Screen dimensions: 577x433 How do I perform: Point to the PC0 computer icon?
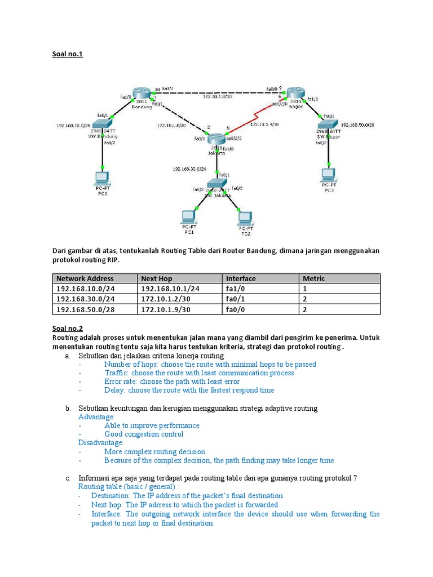pyautogui.click(x=103, y=179)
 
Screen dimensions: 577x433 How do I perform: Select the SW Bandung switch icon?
pyautogui.click(x=104, y=125)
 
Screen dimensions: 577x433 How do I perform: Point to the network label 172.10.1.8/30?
pyautogui.click(x=217, y=97)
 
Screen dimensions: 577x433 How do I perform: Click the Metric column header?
pyautogui.click(x=313, y=278)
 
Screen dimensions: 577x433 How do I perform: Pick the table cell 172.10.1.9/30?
pyautogui.click(x=165, y=309)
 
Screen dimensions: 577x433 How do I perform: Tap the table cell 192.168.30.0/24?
pyautogui.click(x=85, y=299)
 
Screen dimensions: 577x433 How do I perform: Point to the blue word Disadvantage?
pyautogui.click(x=100, y=443)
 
